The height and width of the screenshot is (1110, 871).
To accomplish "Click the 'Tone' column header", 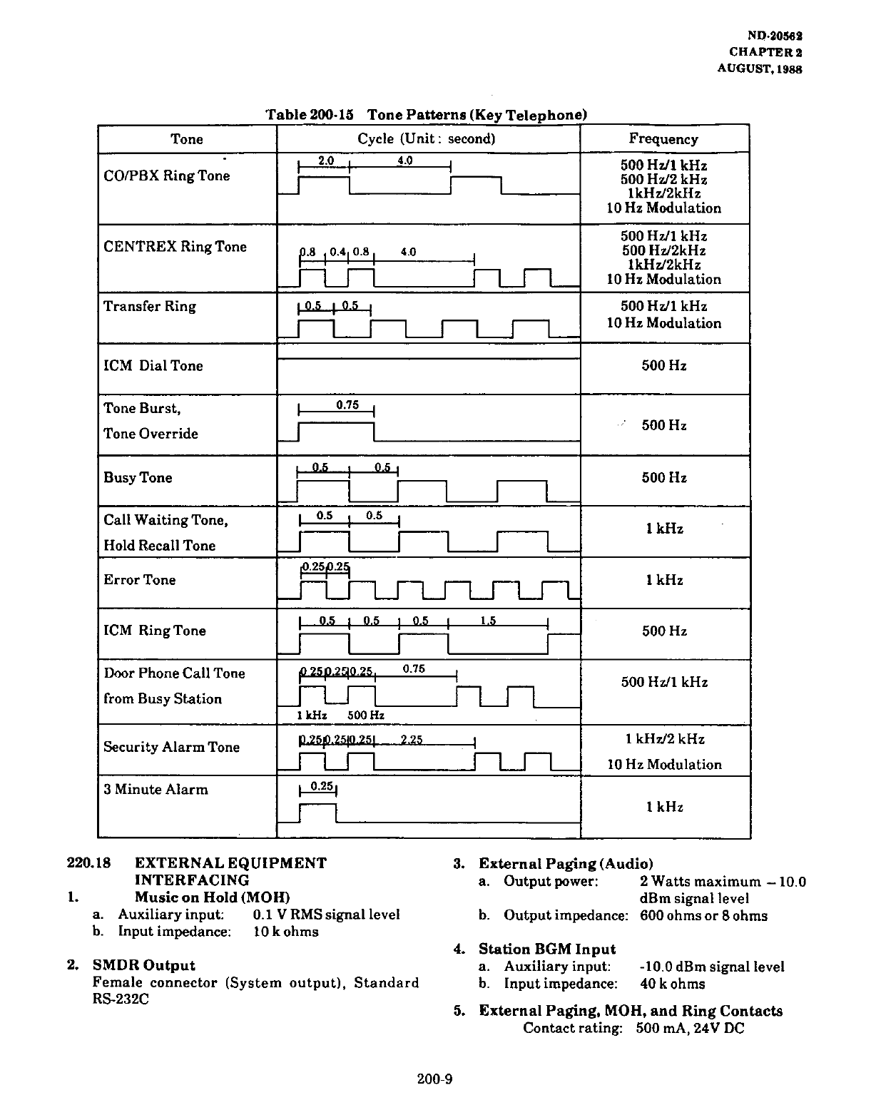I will [187, 139].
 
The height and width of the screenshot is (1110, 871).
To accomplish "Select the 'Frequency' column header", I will [663, 139].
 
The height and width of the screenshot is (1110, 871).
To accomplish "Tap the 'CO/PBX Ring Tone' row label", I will [167, 175].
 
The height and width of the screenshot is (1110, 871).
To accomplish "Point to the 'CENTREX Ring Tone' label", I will [175, 247].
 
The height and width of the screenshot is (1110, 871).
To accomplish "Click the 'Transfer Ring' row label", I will [150, 307].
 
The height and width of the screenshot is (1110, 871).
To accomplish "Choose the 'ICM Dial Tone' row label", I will [153, 366].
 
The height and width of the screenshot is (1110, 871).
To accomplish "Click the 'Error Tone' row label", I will [140, 580].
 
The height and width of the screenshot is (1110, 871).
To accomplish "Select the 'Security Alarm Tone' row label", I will [171, 747].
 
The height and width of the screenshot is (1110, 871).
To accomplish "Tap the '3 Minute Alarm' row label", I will [156, 790].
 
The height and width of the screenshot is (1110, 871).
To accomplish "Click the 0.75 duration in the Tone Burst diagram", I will [347, 405].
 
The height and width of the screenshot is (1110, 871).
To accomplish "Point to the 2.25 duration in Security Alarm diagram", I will [412, 740].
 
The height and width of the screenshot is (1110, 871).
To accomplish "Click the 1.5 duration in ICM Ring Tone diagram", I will [488, 621].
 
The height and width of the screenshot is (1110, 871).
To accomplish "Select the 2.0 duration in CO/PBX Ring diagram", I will [326, 161].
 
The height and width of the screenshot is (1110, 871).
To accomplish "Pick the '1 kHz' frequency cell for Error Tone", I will [665, 580].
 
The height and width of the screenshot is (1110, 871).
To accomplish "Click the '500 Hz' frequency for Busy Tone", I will [664, 478].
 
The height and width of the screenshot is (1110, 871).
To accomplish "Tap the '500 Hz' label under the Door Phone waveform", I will [366, 716].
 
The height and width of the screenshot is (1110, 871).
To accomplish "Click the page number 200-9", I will [435, 1079].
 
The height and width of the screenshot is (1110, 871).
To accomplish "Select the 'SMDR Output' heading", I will [144, 966].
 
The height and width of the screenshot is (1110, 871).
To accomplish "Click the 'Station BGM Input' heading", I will [547, 949].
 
